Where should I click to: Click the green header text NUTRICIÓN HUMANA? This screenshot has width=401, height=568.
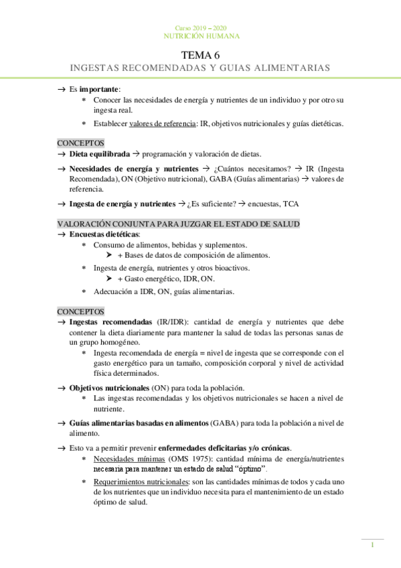[200, 35]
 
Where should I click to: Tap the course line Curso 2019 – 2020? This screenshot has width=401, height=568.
[200, 27]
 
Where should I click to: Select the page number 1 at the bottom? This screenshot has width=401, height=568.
[372, 545]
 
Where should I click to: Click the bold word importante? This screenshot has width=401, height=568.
[98, 88]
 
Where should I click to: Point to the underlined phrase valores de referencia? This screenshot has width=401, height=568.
[159, 123]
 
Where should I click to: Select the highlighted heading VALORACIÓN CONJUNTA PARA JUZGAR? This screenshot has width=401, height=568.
[178, 223]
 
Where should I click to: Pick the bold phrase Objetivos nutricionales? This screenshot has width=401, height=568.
[109, 388]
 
